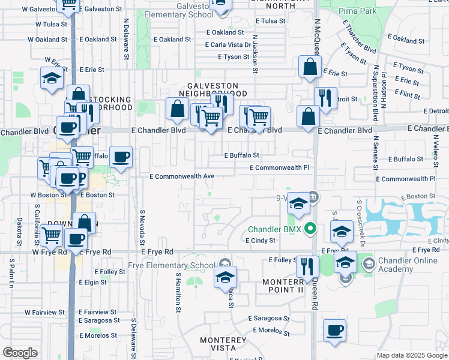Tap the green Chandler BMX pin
(310, 229)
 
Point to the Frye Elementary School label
(170, 266)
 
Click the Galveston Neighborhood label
(212, 90)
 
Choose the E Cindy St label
(260, 240)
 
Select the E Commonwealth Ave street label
(181, 176)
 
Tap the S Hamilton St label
(178, 292)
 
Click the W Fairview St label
(44, 313)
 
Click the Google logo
(20, 353)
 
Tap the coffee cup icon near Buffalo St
(121, 157)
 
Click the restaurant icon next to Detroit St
(325, 98)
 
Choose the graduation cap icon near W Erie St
(52, 78)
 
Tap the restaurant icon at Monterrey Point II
(307, 266)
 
